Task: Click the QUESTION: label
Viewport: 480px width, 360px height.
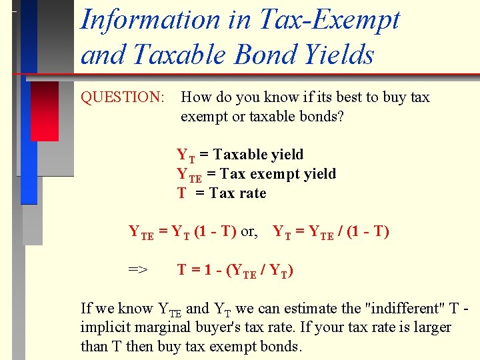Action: point(123,97)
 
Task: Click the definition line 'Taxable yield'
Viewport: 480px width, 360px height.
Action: point(258,155)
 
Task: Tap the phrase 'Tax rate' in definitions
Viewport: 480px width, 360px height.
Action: point(237,193)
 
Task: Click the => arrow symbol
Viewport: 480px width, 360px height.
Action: point(138,269)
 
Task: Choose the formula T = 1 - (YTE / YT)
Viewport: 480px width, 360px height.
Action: point(235,270)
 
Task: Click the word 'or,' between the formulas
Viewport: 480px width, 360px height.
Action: point(249,232)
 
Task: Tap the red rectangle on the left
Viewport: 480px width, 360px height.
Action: point(45,111)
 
